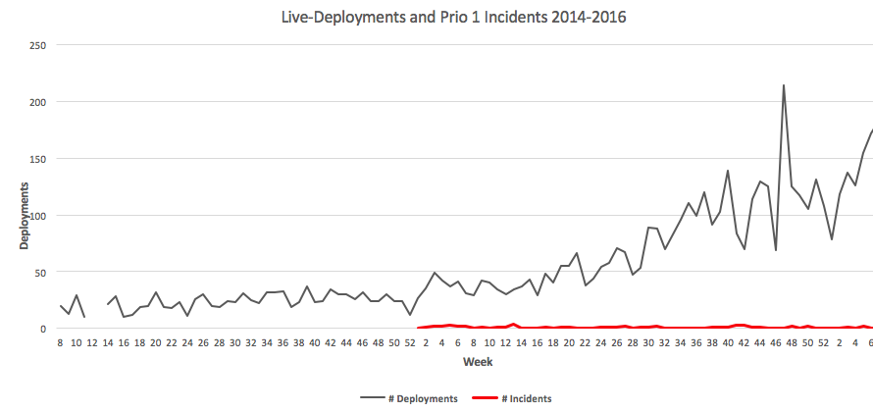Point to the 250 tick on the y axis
pos(37,45)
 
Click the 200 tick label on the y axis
pos(37,102)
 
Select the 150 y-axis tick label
pos(37,159)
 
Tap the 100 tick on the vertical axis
pos(37,216)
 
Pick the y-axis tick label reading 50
pos(40,272)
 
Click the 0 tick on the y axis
pos(43,329)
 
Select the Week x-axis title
pos(478,362)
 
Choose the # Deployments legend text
pos(422,398)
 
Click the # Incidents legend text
pos(526,398)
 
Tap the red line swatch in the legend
pos(484,398)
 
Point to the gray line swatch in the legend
pos(373,398)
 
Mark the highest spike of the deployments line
pos(784,85)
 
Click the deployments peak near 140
pos(728,171)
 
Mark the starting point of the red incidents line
pos(419,328)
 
